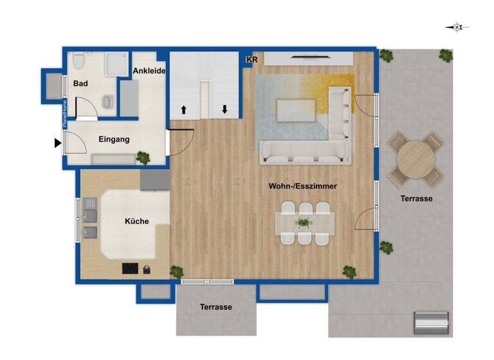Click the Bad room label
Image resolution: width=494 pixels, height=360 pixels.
click(x=80, y=84)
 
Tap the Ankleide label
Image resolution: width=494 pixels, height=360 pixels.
click(x=150, y=71)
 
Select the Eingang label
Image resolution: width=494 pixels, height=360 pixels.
click(x=114, y=139)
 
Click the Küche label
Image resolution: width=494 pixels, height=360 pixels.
click(x=136, y=221)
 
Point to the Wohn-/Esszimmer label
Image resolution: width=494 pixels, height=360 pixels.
click(x=303, y=186)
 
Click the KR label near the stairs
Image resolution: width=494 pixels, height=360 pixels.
click(x=252, y=60)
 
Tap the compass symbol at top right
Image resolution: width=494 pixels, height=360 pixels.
click(x=457, y=27)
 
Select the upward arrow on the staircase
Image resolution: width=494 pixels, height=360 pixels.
click(x=184, y=110)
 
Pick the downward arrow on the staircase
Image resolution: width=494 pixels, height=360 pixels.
click(x=224, y=109)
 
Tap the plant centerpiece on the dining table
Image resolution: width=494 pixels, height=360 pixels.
click(x=302, y=223)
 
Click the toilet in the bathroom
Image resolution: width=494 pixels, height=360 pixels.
click(x=78, y=62)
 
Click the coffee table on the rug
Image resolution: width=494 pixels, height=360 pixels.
click(x=295, y=110)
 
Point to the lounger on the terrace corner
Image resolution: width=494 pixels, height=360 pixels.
click(x=431, y=321)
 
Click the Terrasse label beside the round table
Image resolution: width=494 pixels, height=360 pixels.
click(x=416, y=199)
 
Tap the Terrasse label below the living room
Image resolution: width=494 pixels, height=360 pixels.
click(x=215, y=307)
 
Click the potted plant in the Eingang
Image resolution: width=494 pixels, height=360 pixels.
click(x=143, y=156)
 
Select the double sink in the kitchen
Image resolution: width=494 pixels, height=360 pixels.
click(x=89, y=218)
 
